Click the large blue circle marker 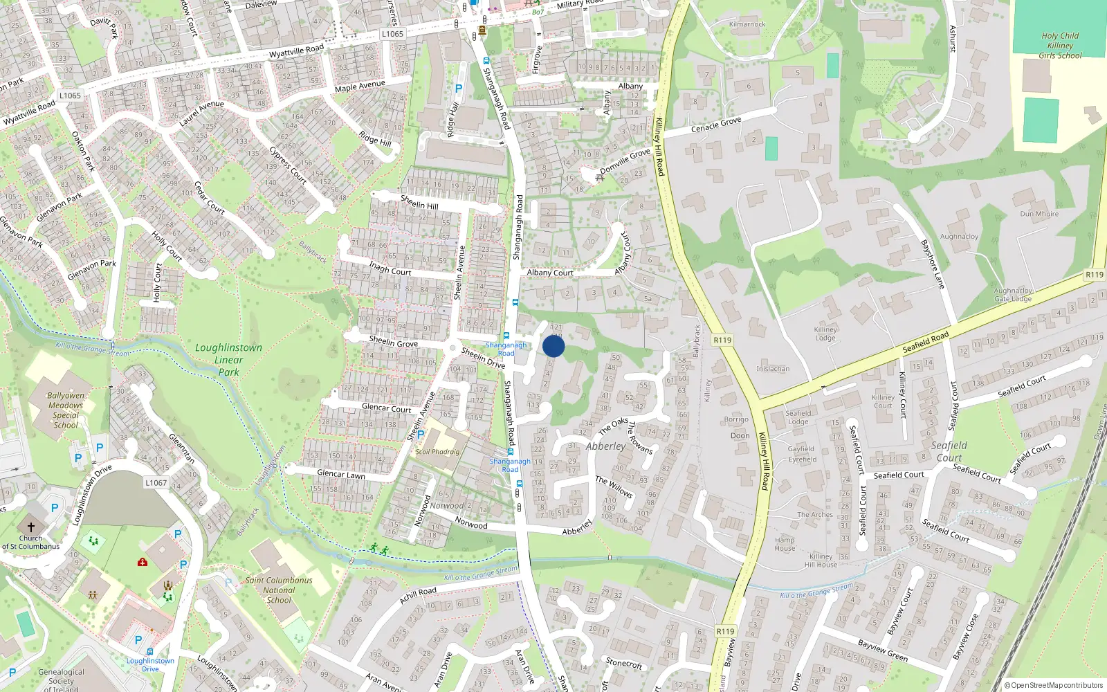pyautogui.click(x=553, y=346)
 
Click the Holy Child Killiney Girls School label pyautogui.click(x=1059, y=46)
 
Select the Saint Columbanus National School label pyautogui.click(x=279, y=590)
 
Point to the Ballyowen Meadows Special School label pyautogui.click(x=66, y=410)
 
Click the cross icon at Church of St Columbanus pyautogui.click(x=30, y=527)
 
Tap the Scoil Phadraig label pyautogui.click(x=437, y=452)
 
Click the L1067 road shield pyautogui.click(x=156, y=482)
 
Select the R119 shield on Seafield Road pyautogui.click(x=1095, y=275)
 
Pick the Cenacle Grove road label pyautogui.click(x=716, y=125)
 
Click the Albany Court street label pyautogui.click(x=550, y=273)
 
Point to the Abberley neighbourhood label pyautogui.click(x=605, y=446)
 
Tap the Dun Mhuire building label pyautogui.click(x=1039, y=214)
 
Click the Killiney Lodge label pyautogui.click(x=825, y=334)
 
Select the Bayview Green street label pyautogui.click(x=882, y=650)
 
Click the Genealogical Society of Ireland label pyautogui.click(x=61, y=680)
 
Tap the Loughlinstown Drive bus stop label pyautogui.click(x=150, y=664)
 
